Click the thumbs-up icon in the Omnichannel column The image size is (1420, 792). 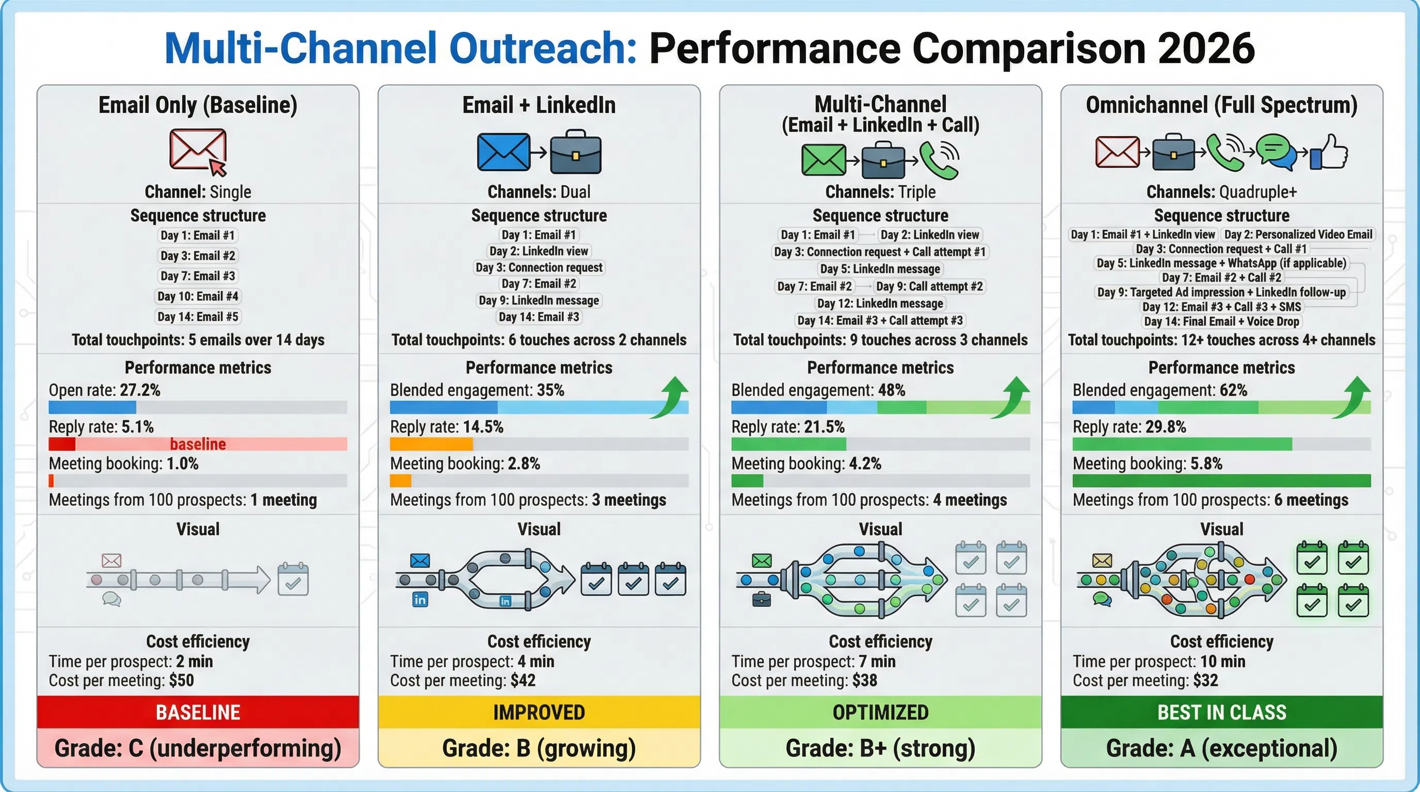click(1330, 152)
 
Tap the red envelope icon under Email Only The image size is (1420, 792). click(197, 150)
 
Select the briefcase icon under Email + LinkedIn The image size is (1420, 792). click(575, 153)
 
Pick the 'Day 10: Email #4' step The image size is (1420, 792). click(197, 296)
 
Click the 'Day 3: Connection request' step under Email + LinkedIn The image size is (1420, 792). click(539, 268)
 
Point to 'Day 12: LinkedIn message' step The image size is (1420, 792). click(880, 304)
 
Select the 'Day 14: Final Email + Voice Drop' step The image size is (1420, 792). click(1221, 322)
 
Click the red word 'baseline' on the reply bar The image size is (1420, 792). click(197, 444)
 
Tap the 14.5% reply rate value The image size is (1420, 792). click(483, 427)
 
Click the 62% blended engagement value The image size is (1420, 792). click(1233, 390)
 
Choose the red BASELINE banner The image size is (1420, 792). click(197, 712)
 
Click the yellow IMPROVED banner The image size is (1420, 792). click(539, 712)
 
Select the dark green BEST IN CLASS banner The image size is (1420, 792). click(1221, 712)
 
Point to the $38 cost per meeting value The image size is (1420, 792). click(864, 681)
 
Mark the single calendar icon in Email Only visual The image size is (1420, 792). click(293, 579)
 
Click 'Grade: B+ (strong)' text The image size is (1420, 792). click(880, 749)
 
